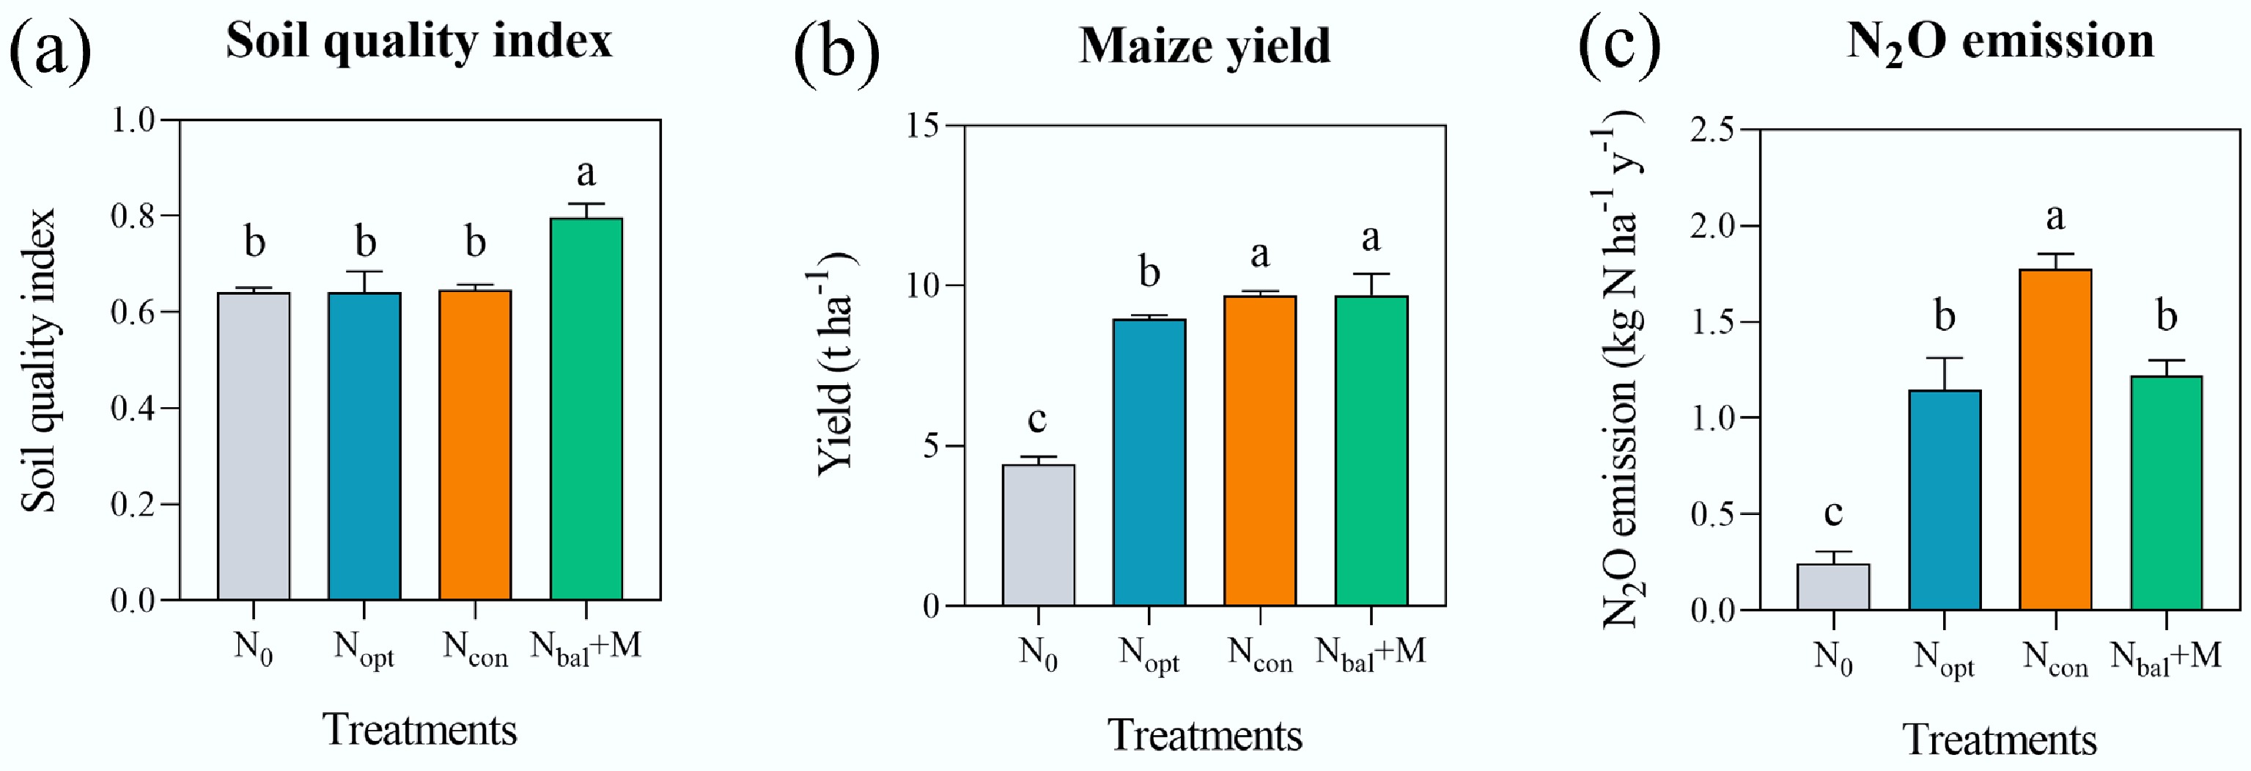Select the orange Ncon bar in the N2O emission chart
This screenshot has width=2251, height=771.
tap(2055, 439)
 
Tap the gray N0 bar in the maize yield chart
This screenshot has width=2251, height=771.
tap(1038, 535)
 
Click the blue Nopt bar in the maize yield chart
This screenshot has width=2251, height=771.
tap(1149, 462)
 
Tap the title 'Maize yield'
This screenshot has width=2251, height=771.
tap(1204, 45)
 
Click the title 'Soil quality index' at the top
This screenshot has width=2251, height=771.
tap(419, 40)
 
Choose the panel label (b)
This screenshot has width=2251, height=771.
tap(836, 51)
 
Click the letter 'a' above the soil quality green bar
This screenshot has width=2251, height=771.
tap(586, 173)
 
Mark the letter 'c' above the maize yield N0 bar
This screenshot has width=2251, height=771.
tap(1037, 420)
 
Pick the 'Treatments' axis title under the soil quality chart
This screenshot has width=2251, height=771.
tap(419, 730)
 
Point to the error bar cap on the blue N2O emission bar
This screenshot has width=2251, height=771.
tap(1945, 359)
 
